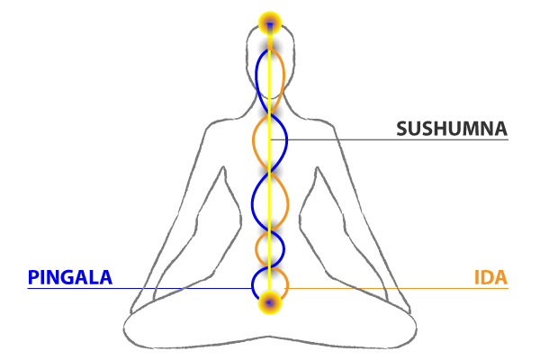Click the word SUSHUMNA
(452, 129)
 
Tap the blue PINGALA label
(70, 277)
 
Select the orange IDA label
(490, 277)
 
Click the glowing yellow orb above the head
(270, 22)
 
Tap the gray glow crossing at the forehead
(270, 45)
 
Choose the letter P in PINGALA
(33, 277)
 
